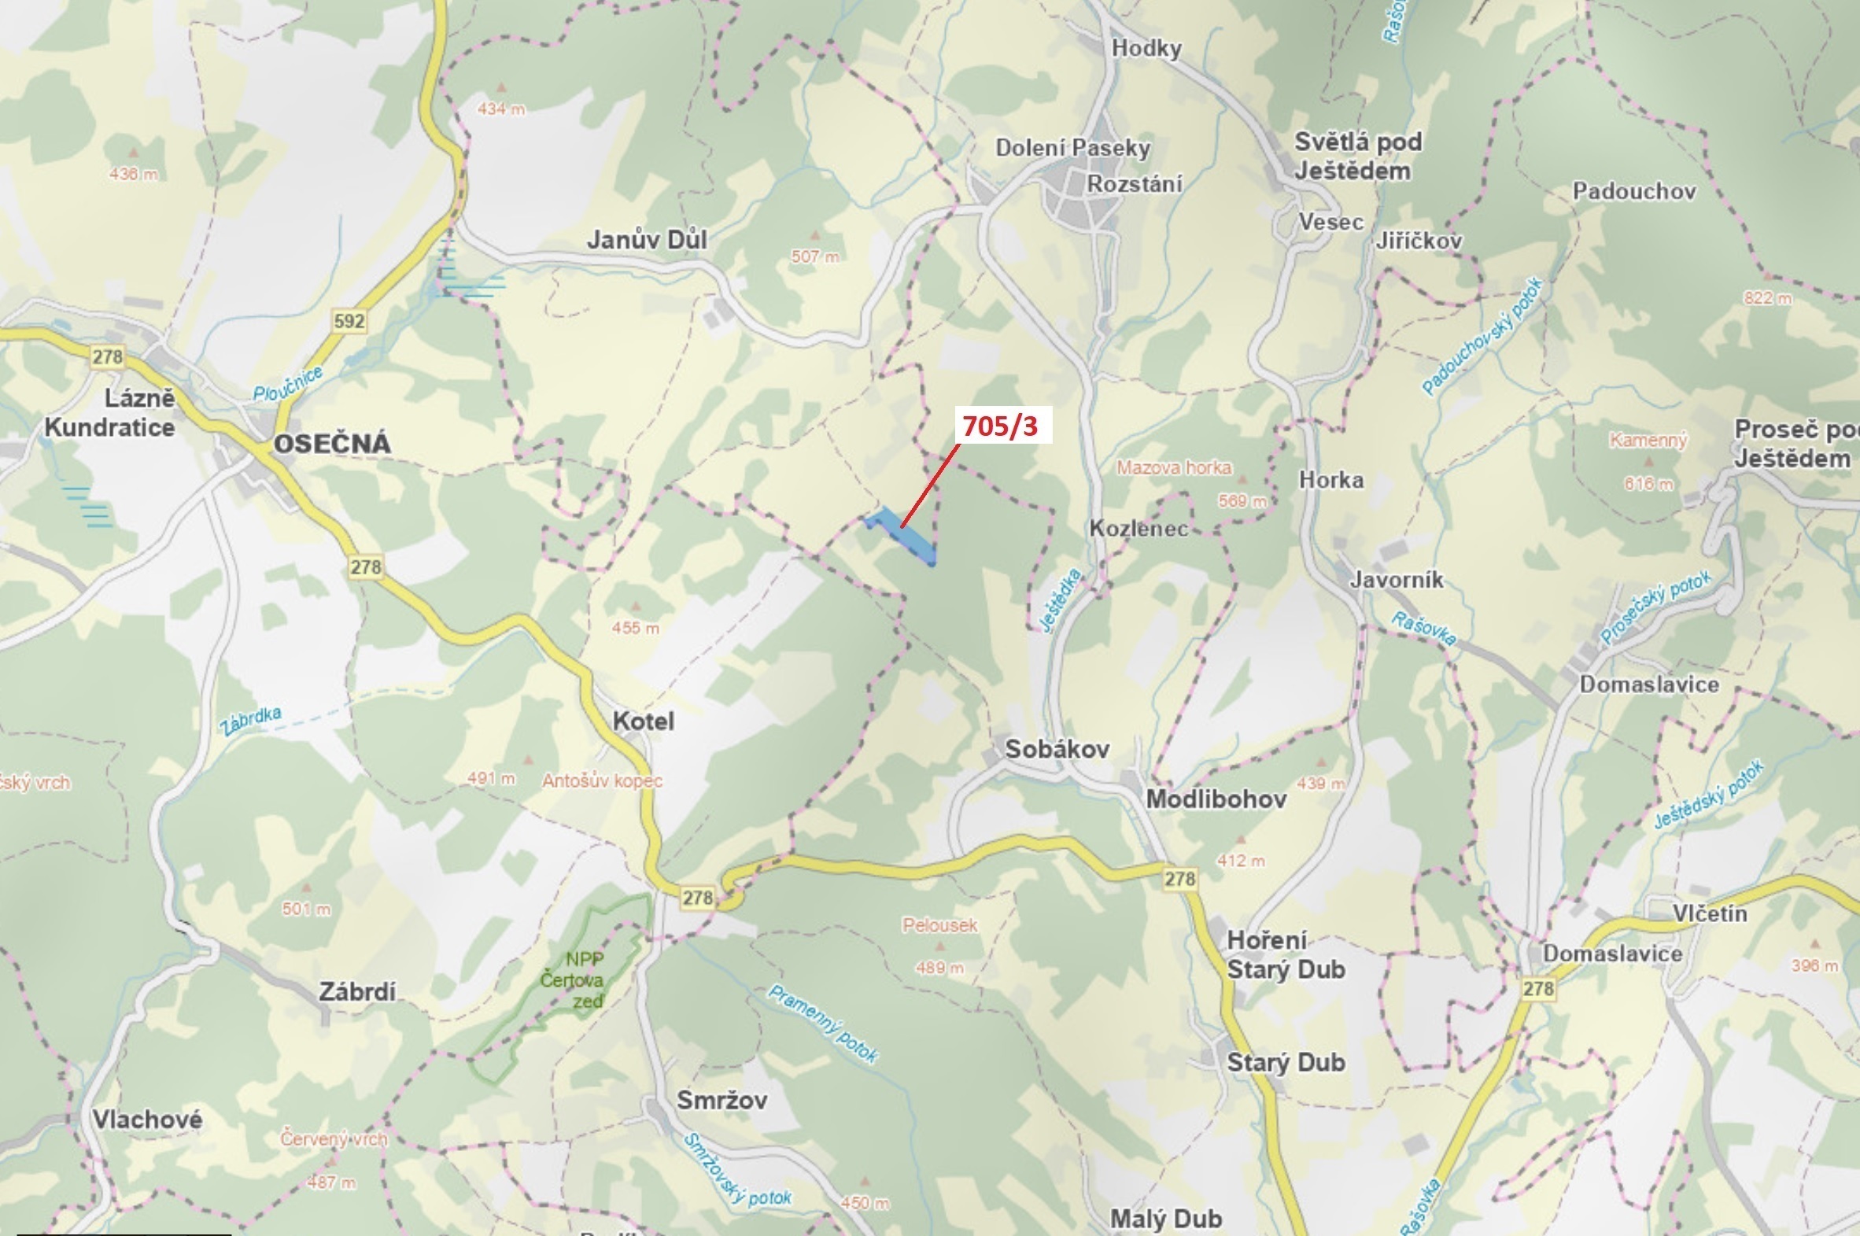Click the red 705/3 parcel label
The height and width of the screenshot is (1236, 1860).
click(x=1000, y=426)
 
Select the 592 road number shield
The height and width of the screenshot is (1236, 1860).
click(x=349, y=321)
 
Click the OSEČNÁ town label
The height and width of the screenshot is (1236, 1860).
click(x=332, y=444)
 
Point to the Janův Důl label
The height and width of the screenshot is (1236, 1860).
click(x=646, y=240)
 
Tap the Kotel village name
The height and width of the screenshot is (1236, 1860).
click(x=643, y=721)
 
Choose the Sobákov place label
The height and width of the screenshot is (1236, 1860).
click(x=1056, y=749)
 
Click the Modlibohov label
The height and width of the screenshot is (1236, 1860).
click(x=1216, y=799)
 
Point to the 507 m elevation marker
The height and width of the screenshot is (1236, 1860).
click(x=815, y=256)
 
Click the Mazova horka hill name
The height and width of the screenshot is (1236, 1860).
click(x=1174, y=467)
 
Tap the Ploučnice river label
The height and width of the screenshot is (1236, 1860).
click(x=287, y=384)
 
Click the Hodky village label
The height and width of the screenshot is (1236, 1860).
click(x=1146, y=49)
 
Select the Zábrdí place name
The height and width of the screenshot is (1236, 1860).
click(x=356, y=991)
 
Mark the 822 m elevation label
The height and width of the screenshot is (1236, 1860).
click(x=1766, y=298)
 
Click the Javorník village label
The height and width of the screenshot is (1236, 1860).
click(x=1396, y=580)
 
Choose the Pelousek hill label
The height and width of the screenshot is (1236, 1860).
click(x=939, y=925)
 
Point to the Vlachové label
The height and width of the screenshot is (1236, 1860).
click(x=146, y=1120)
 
